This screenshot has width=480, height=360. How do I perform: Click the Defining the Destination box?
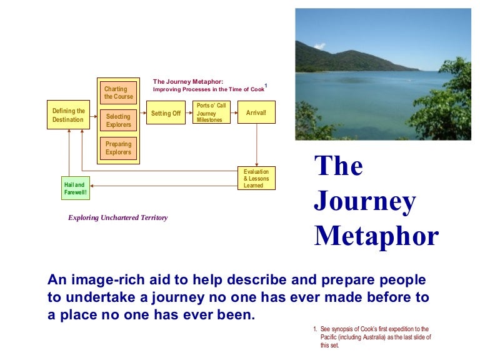[x=68, y=115]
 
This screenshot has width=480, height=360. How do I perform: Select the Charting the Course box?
[x=118, y=93]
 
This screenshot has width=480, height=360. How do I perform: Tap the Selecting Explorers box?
[x=118, y=120]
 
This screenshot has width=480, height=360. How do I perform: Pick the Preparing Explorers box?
[x=118, y=148]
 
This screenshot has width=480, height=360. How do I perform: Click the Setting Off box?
[x=166, y=113]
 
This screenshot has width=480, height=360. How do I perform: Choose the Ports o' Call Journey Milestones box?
[x=211, y=112]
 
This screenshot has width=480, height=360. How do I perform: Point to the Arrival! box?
[x=256, y=112]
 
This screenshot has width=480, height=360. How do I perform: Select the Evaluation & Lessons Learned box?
[x=256, y=179]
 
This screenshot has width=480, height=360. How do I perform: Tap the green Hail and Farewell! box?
[x=75, y=188]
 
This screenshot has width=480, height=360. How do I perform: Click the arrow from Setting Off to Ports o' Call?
[x=189, y=113]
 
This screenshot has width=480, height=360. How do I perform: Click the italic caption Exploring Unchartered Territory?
[x=117, y=218]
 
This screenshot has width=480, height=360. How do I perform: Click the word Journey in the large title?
[x=364, y=201]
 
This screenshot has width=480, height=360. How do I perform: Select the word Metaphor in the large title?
[x=376, y=236]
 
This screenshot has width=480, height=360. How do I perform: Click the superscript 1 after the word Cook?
[x=266, y=85]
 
